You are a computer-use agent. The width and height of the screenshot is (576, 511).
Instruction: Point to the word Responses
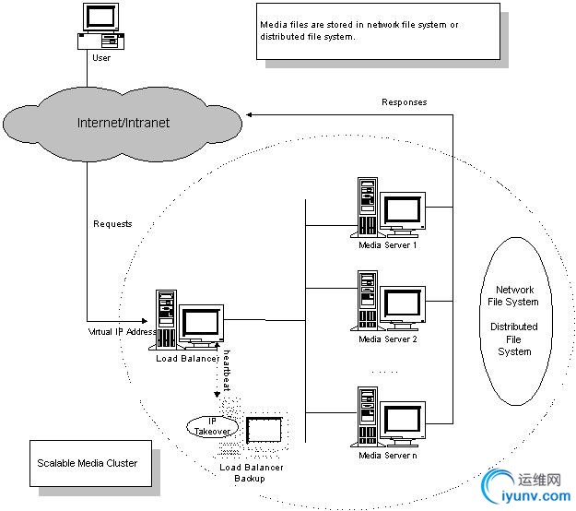(405, 102)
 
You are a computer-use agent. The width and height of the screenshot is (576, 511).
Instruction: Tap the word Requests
(112, 224)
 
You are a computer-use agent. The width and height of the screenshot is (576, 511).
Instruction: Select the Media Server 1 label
(388, 245)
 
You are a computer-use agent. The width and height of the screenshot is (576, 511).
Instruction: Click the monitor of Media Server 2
(403, 303)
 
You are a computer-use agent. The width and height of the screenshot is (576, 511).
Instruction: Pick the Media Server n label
(388, 455)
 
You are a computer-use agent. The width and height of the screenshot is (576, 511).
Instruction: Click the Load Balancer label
(188, 358)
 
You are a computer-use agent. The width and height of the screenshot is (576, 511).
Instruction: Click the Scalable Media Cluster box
(88, 463)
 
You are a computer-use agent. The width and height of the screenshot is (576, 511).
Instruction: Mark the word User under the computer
(101, 58)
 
